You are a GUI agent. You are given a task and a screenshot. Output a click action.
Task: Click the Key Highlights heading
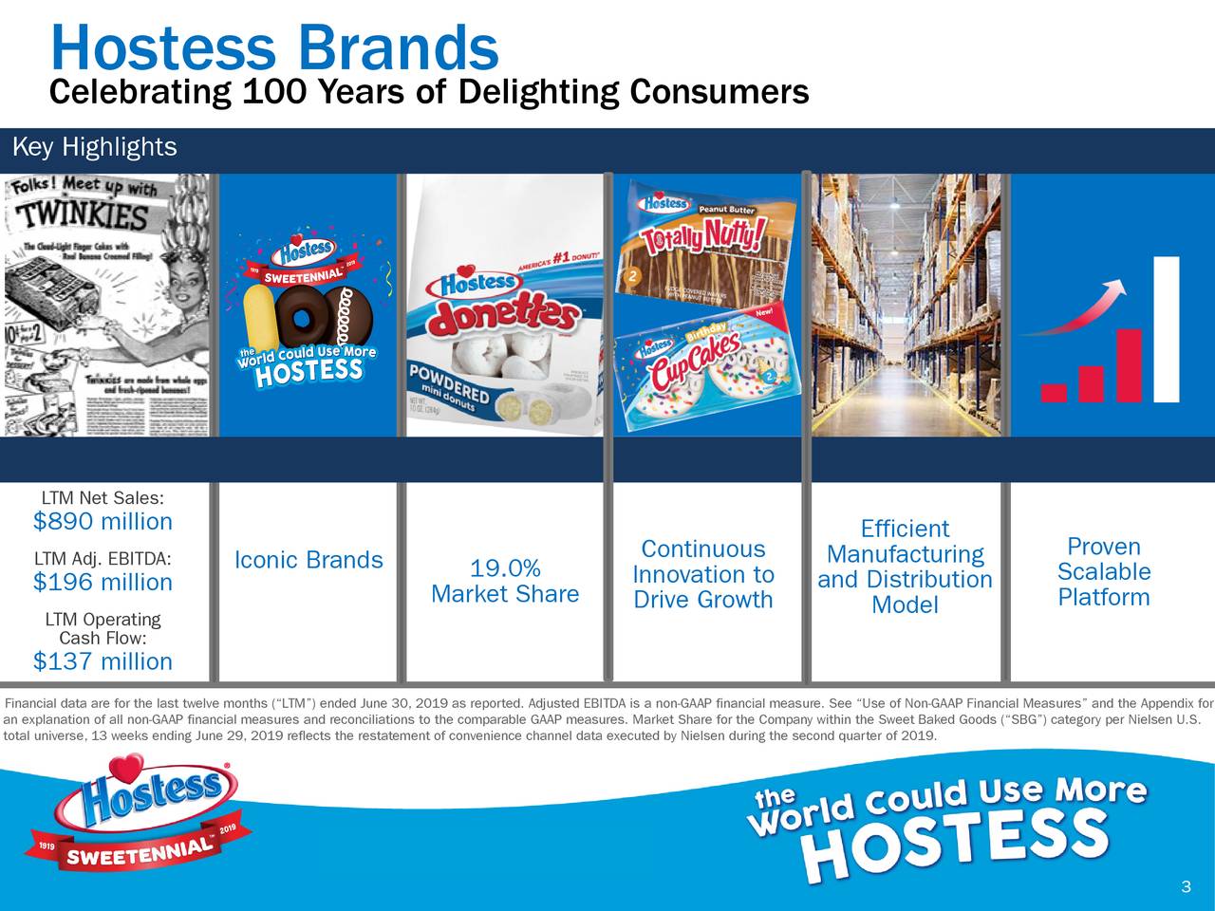tap(93, 148)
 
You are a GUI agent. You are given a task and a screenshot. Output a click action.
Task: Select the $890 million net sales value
tap(103, 522)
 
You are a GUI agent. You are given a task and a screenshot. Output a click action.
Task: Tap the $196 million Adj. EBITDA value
tap(103, 582)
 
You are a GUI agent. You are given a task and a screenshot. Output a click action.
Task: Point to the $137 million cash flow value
tap(103, 661)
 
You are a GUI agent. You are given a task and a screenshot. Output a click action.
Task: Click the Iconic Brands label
tap(308, 561)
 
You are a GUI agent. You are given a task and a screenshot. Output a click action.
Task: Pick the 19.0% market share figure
tap(505, 569)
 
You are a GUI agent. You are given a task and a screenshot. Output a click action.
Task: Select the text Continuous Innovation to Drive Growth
tap(702, 575)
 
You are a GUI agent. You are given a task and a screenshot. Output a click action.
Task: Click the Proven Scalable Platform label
tap(1103, 572)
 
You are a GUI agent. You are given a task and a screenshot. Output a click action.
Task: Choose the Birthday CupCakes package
tap(707, 365)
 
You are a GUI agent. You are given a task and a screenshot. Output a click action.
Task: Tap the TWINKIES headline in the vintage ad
tap(85, 219)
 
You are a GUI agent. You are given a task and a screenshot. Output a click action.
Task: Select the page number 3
tap(1185, 887)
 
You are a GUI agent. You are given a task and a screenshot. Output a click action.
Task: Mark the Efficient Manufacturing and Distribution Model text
tap(905, 567)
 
